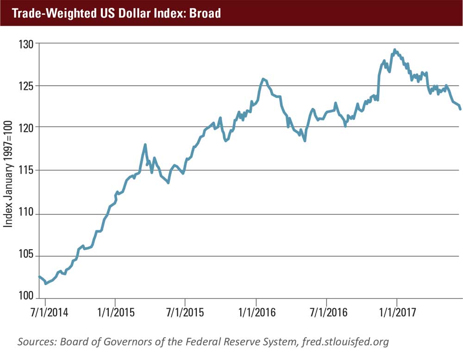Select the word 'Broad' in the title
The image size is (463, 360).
204,13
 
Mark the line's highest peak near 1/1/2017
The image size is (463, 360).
394,50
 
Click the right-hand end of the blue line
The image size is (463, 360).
460,109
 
